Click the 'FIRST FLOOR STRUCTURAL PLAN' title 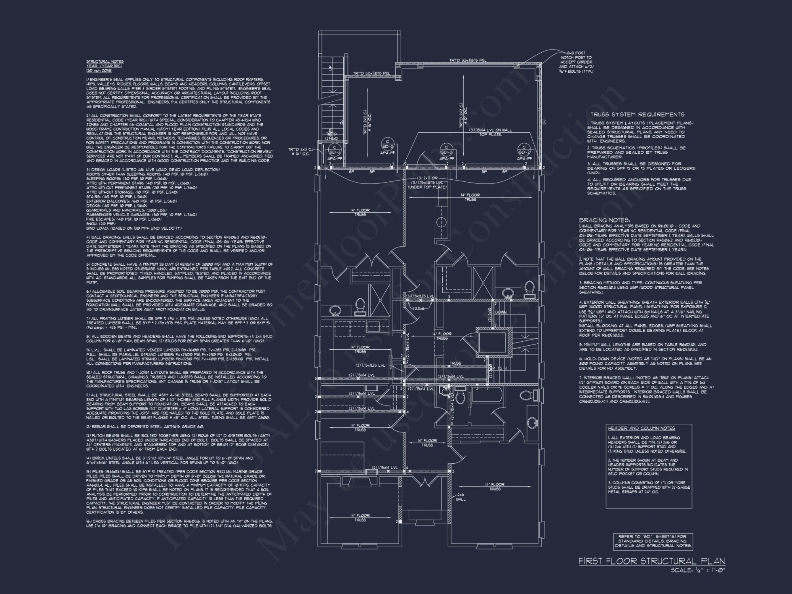tap(651, 561)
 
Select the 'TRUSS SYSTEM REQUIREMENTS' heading tap(637, 114)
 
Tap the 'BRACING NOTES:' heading tap(604, 220)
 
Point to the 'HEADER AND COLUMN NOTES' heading tap(642, 428)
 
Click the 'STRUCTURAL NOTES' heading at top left tap(105, 61)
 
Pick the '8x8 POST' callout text tap(576, 53)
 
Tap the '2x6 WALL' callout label tap(461, 497)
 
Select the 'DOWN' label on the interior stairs tap(501, 312)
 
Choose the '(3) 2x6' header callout tap(419, 308)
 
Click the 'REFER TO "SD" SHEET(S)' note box tap(653, 541)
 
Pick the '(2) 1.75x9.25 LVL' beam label tap(370, 365)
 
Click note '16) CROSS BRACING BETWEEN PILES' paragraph tap(179, 523)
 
